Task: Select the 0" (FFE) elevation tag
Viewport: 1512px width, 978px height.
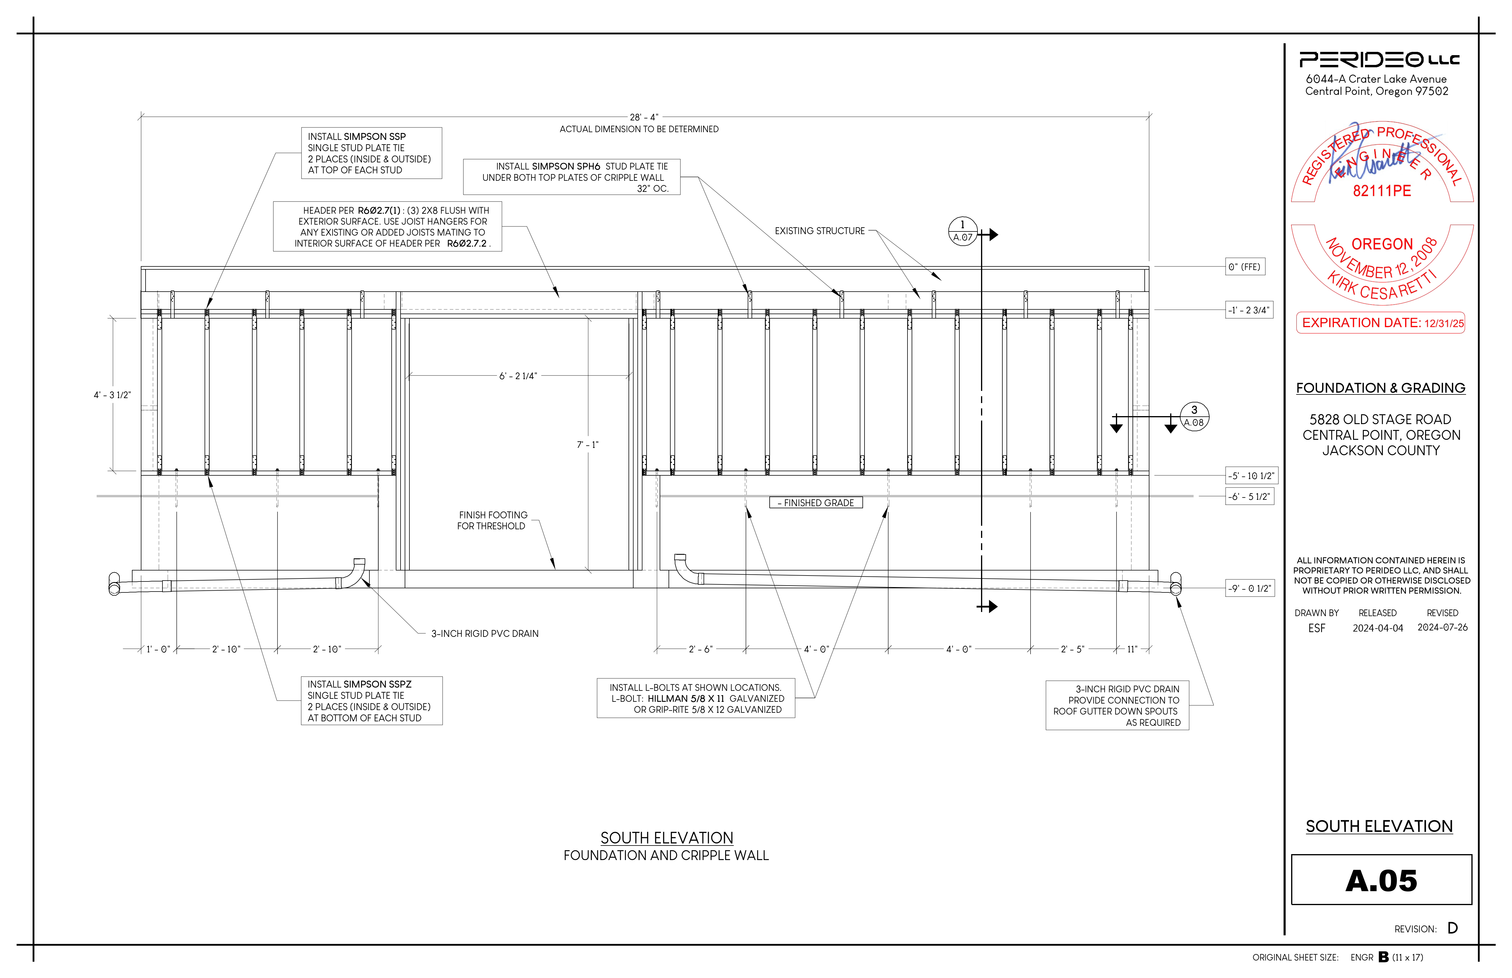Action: [x=1245, y=267]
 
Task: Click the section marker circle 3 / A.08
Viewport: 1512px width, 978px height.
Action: [x=1194, y=417]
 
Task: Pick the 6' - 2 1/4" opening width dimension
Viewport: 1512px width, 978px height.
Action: [x=518, y=376]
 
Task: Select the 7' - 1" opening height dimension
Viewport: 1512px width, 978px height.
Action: [x=588, y=445]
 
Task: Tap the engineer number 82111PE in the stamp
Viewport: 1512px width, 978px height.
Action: [x=1382, y=191]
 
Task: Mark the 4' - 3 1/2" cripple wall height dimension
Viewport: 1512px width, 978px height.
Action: [x=112, y=395]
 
